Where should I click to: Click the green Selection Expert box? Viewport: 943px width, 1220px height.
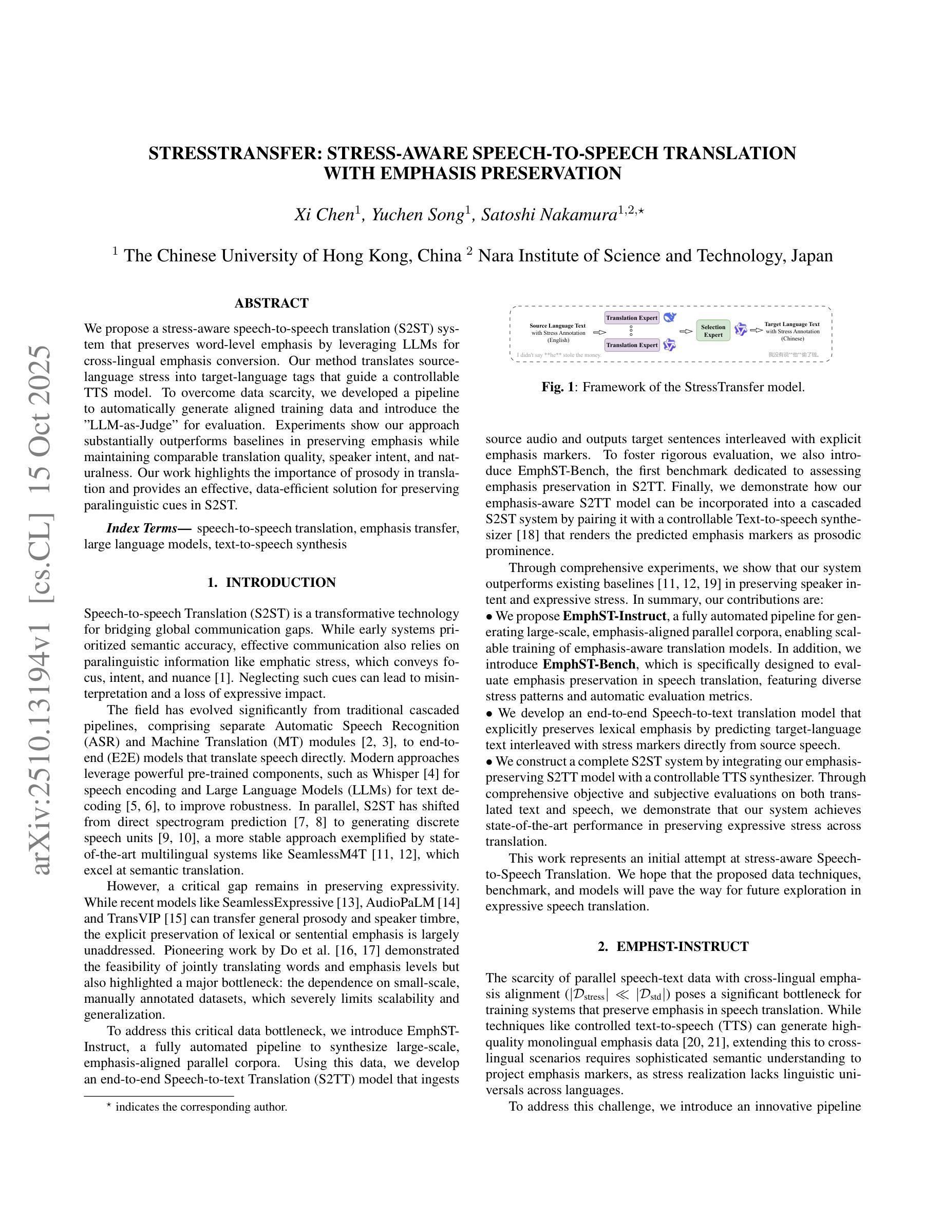(713, 331)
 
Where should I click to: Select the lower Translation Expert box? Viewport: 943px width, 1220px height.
(632, 345)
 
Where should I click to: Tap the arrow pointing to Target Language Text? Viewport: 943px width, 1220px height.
(756, 330)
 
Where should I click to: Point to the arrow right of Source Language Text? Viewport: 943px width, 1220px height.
(599, 332)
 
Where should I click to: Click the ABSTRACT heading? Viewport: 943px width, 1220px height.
(272, 303)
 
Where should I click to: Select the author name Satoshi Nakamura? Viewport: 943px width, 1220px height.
(549, 215)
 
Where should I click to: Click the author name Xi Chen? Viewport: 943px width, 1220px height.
(324, 215)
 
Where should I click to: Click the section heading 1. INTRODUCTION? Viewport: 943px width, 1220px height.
(272, 583)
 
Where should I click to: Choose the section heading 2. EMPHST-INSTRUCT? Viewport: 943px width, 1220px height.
(673, 947)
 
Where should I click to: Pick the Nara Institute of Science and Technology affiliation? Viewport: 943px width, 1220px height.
(655, 256)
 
